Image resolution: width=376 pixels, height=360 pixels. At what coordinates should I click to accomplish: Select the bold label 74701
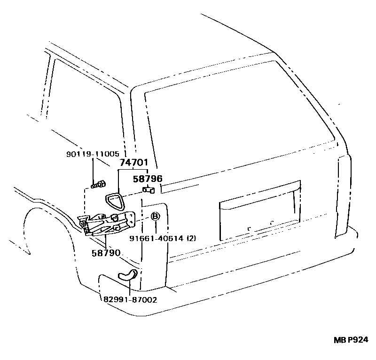tap(133, 163)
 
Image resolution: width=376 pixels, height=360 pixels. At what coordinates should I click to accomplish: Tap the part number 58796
tap(148, 179)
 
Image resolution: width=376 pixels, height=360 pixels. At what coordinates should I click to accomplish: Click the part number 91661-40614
tap(157, 238)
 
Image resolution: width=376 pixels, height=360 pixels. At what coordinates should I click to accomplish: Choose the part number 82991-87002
tap(127, 299)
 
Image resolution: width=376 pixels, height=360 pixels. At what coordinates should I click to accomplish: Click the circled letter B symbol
tap(156, 216)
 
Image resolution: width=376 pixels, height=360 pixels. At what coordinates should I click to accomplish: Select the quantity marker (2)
tap(191, 238)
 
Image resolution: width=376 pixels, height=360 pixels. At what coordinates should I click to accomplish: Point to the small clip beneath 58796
tap(149, 190)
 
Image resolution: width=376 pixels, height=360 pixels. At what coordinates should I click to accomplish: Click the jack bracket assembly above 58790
tap(106, 222)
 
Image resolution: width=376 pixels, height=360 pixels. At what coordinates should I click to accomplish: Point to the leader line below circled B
tap(156, 227)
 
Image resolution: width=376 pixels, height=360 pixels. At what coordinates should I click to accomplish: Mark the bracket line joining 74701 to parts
tap(133, 170)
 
